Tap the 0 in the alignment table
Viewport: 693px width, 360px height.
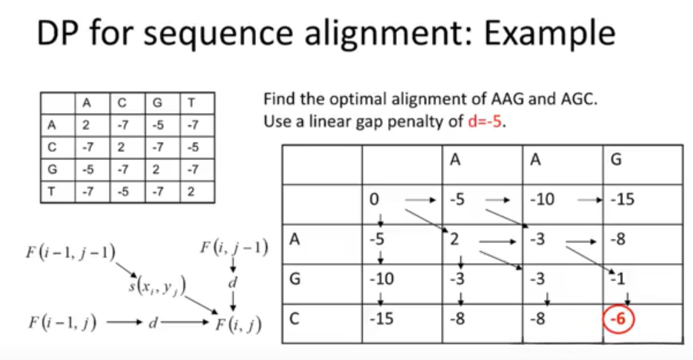click(x=373, y=200)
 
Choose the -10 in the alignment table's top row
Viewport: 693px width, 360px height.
click(x=542, y=200)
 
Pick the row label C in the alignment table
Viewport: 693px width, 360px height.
click(x=294, y=317)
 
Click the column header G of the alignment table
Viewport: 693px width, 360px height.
click(x=615, y=160)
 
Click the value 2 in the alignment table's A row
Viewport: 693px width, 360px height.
click(x=455, y=238)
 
